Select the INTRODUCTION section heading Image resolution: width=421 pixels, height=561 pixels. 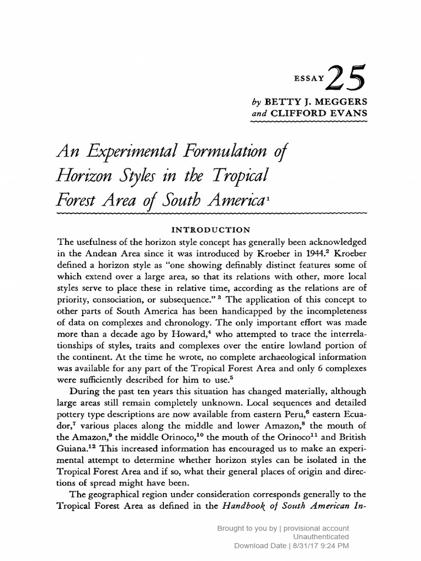point(210,229)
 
